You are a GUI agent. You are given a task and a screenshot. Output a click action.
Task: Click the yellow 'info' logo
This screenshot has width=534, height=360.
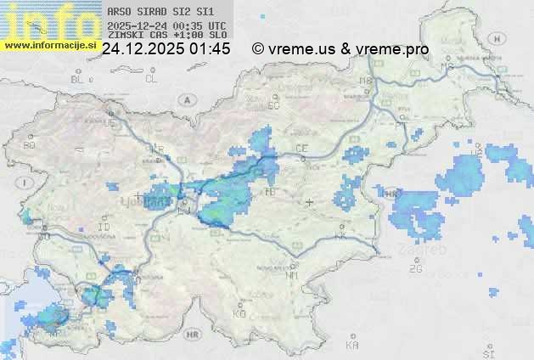click(x=49, y=19)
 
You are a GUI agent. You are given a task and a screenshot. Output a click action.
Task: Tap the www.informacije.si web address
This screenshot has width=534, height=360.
click(x=50, y=45)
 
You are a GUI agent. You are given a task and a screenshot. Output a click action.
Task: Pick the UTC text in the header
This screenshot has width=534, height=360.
click(x=217, y=25)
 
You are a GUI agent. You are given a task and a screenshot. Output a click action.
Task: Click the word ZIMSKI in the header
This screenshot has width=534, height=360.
click(x=125, y=36)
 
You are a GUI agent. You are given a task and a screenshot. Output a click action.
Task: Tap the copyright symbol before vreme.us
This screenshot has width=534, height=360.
click(x=258, y=49)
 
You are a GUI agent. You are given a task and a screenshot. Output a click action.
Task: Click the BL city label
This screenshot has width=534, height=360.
click(x=78, y=79)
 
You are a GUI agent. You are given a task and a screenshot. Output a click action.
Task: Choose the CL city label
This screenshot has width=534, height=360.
click(x=151, y=79)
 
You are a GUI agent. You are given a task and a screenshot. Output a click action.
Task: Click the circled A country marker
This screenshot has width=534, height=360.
click(x=185, y=99)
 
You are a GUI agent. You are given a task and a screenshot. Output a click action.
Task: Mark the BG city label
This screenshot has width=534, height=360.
click(x=29, y=145)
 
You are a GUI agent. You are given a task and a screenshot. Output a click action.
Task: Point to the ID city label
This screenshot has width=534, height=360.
click(x=104, y=228)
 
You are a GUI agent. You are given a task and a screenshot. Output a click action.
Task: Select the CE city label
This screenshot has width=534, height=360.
click(x=301, y=149)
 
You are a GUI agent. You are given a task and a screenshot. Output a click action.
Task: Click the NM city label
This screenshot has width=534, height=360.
click(x=293, y=275)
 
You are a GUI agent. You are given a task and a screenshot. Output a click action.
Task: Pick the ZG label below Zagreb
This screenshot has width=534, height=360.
click(x=415, y=269)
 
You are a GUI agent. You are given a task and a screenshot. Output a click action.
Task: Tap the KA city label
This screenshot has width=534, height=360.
click(x=352, y=346)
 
